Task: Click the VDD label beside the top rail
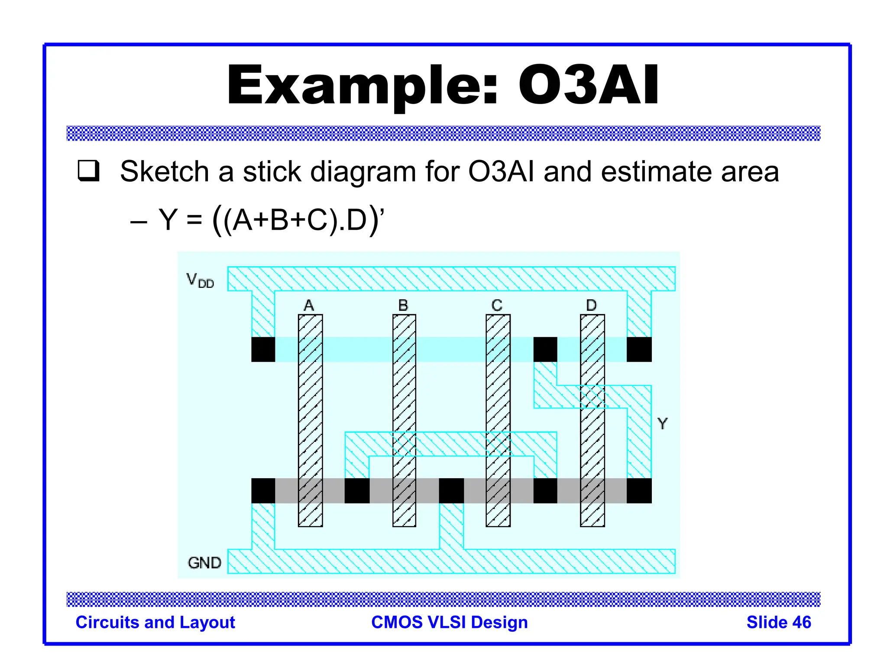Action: click(200, 280)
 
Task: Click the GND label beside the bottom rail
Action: click(204, 563)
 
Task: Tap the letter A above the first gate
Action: click(309, 305)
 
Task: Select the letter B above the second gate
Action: click(403, 305)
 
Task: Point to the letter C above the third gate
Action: click(497, 305)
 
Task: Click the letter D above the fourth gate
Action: click(591, 305)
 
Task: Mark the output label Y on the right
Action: click(662, 423)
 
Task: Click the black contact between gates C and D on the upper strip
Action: click(545, 349)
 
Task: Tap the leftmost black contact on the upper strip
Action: click(263, 349)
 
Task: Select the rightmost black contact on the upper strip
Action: click(639, 349)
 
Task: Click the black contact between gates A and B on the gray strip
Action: click(357, 491)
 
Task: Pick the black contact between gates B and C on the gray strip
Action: click(451, 491)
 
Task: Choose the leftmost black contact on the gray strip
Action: click(263, 491)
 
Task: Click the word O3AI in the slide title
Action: click(588, 85)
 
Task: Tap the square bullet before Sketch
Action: click(89, 170)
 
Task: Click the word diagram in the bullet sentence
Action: click(363, 172)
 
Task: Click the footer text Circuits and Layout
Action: click(155, 622)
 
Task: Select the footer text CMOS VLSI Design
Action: click(450, 622)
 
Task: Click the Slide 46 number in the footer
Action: click(778, 622)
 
